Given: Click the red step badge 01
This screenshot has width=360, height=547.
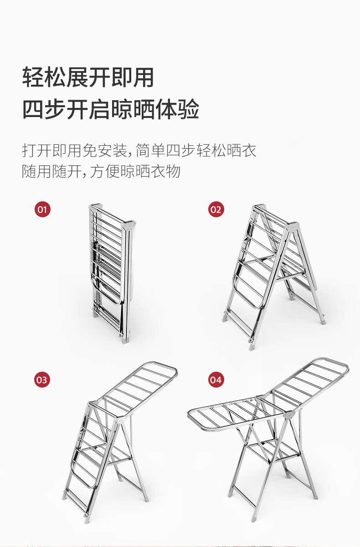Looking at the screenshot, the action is [x=42, y=209].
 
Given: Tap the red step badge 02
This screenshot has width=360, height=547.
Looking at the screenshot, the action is [x=216, y=209].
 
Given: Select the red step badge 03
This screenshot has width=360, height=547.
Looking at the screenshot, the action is [x=42, y=380].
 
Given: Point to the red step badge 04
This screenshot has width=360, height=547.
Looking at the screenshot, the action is [x=216, y=380].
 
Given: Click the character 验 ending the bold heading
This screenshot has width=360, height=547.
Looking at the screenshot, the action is [x=189, y=109].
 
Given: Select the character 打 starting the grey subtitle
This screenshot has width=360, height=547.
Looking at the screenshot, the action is [x=29, y=150].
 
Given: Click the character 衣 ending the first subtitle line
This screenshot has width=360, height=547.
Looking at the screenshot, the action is [x=249, y=150].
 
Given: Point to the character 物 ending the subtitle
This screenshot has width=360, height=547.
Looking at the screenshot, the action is [x=173, y=171].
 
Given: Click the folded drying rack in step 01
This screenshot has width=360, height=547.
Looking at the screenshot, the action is [x=112, y=273].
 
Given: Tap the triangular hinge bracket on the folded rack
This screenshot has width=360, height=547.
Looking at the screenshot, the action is [x=129, y=226].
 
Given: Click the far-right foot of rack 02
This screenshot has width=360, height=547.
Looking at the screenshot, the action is [x=323, y=320].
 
